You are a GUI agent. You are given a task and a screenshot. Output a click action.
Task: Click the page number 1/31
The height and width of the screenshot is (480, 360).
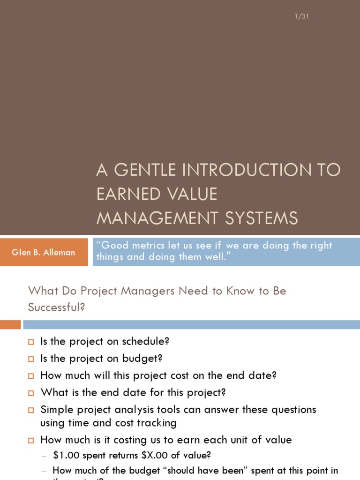(x=302, y=17)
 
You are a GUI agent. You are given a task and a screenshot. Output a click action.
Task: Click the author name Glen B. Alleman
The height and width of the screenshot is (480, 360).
(x=43, y=252)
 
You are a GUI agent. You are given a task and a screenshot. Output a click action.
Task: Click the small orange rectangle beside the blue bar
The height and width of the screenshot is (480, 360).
(x=10, y=324)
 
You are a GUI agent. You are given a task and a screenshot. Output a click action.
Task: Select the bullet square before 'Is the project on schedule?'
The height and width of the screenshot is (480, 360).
(x=31, y=342)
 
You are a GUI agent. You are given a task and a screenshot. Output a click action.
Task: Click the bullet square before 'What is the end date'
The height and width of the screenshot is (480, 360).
(x=31, y=393)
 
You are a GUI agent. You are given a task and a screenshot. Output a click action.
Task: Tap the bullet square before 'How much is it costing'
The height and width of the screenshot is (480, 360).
(x=31, y=441)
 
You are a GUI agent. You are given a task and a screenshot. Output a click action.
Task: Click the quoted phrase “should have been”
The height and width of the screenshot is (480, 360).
(x=188, y=470)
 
